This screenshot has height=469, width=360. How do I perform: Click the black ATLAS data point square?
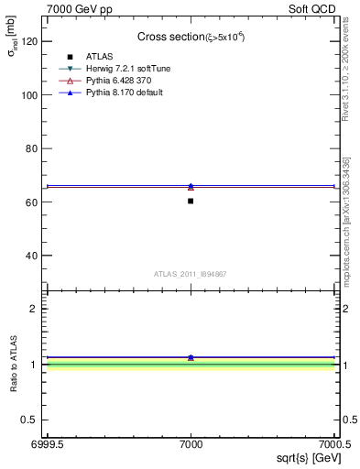click(191, 201)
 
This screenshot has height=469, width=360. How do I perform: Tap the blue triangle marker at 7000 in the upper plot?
click(191, 186)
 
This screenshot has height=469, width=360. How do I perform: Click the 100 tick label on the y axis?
click(29, 95)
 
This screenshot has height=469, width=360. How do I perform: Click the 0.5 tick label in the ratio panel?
click(30, 420)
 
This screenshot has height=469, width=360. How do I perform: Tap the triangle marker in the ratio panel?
click(191, 357)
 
